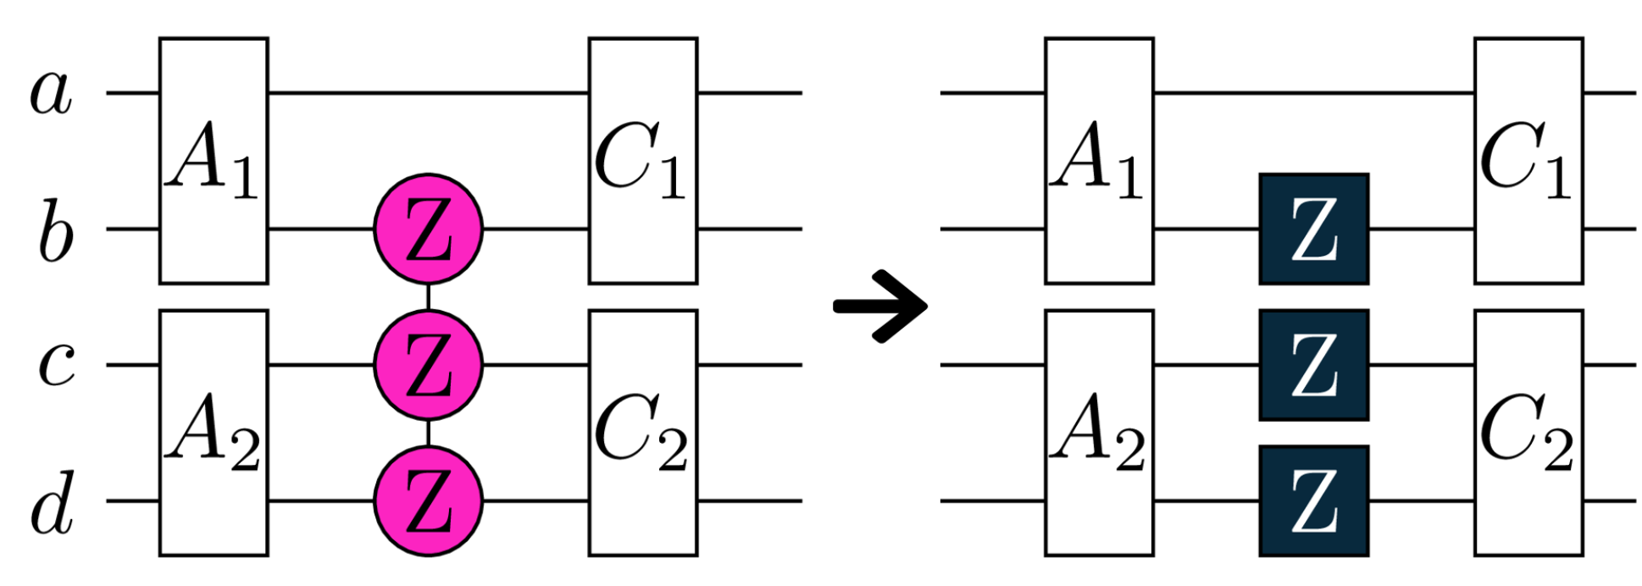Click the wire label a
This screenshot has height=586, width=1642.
coord(51,93)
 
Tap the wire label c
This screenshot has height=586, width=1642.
coord(57,366)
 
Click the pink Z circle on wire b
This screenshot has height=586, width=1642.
coord(428,229)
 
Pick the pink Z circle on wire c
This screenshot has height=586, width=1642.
coord(428,366)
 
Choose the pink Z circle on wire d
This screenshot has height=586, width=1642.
coord(428,501)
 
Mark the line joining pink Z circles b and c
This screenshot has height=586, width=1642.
coord(428,297)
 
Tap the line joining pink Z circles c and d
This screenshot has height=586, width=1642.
coord(428,433)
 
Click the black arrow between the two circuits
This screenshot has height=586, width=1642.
coord(881,307)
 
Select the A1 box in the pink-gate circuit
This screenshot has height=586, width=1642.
coord(214,161)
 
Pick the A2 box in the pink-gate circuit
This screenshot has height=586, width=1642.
coord(214,433)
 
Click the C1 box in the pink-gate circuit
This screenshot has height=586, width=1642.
coord(643,161)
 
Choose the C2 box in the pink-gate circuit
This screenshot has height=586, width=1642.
coord(643,433)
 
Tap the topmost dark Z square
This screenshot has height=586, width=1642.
coord(1313,229)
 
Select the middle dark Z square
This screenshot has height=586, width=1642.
coord(1313,365)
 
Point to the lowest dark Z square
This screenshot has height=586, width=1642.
coord(1313,500)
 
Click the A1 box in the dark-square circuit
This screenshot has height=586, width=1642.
coord(1099,161)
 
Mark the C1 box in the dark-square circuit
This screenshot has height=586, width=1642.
coord(1528,161)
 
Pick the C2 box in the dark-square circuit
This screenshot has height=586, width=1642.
coord(1528,433)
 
